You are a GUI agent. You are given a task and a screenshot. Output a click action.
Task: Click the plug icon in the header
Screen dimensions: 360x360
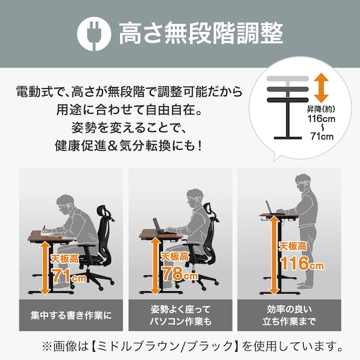(x=93, y=34)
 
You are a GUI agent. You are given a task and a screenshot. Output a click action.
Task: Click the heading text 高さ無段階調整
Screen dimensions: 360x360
(x=201, y=34)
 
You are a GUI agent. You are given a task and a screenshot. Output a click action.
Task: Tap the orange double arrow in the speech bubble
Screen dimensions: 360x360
(x=321, y=88)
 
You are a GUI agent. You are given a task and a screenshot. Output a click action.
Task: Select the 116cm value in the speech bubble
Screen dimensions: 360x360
(x=321, y=118)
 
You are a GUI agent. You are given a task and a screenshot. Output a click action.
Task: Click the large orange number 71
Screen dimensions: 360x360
(x=61, y=276)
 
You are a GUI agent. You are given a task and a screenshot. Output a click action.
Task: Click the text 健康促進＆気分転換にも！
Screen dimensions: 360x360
(x=129, y=146)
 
